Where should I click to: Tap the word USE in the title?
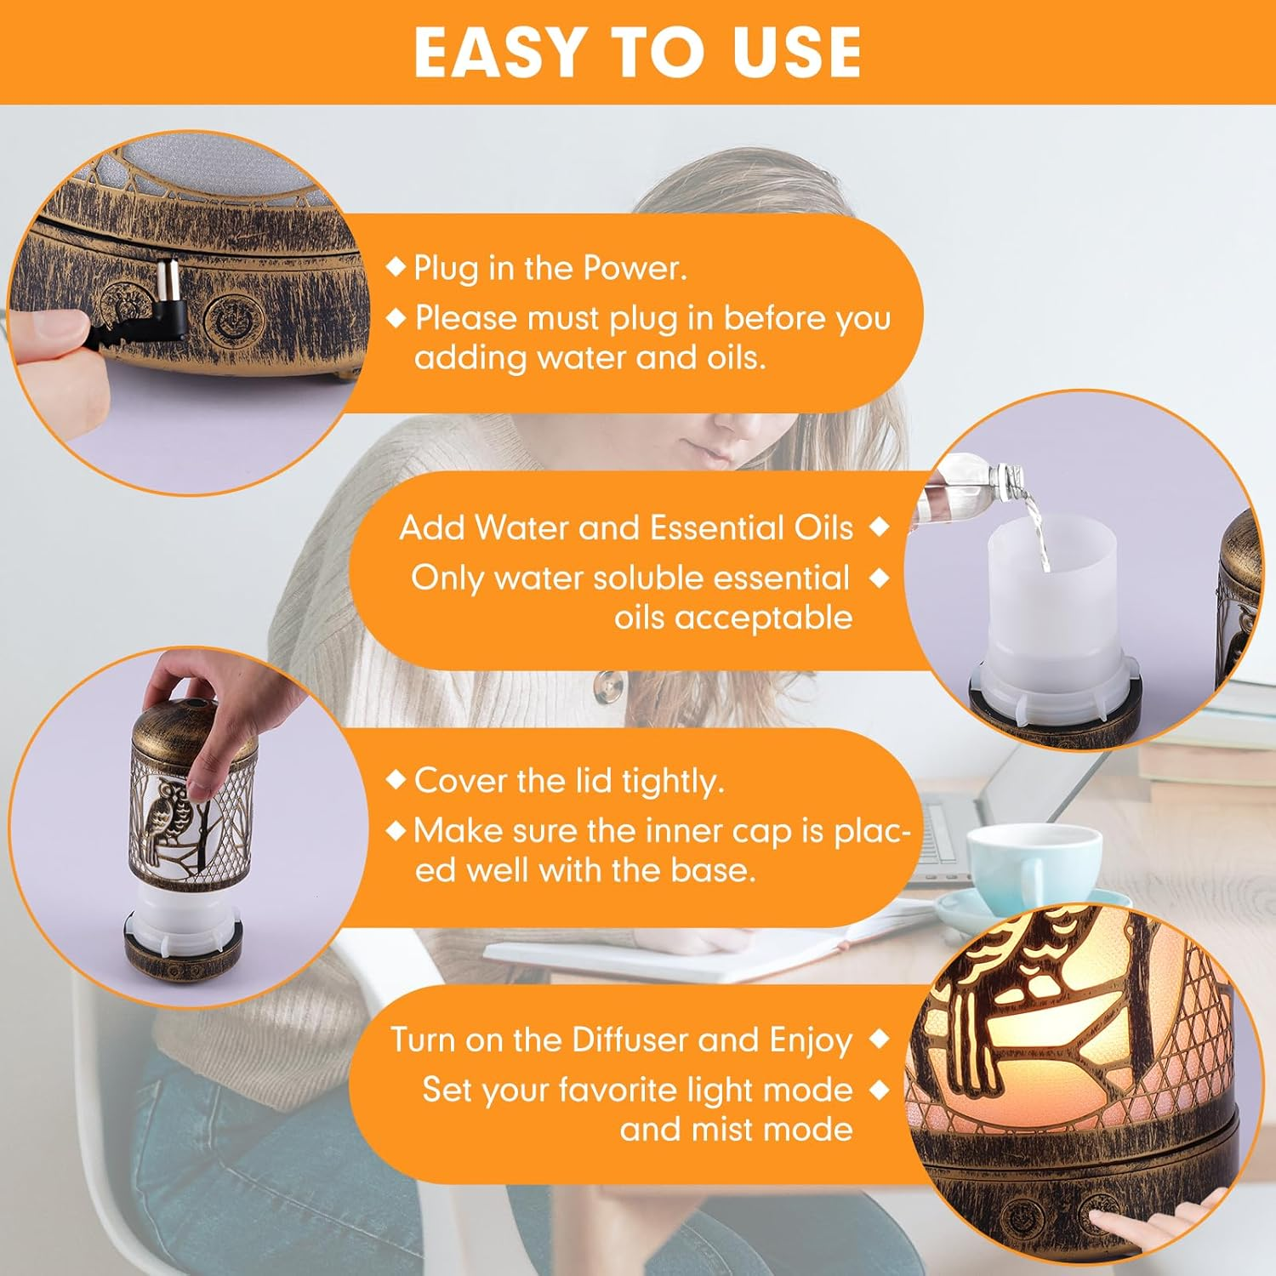point(796,53)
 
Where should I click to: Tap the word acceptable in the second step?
point(733,618)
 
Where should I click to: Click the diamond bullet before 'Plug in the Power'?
point(396,266)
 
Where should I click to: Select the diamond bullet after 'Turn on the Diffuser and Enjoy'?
point(880,1039)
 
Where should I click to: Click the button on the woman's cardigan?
point(607,686)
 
